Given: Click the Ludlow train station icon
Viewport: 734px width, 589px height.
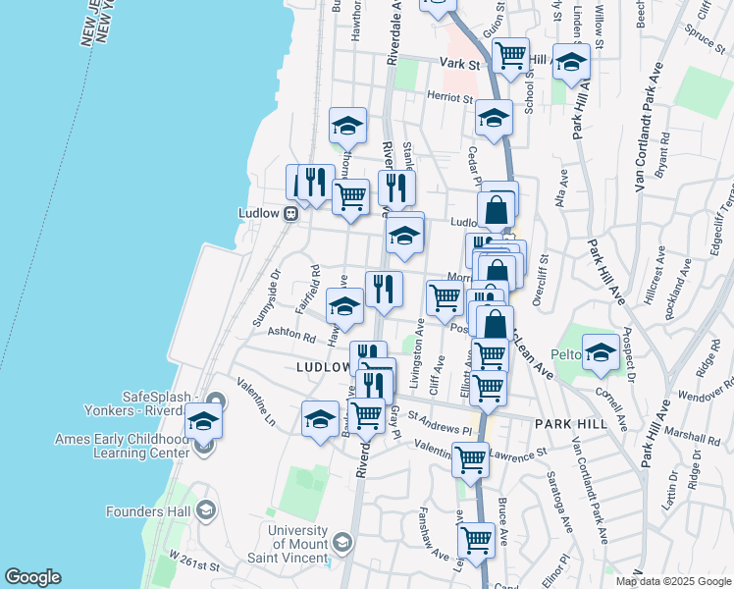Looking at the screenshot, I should coord(291,214).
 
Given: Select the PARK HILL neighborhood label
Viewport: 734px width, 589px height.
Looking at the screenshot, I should coord(571,422).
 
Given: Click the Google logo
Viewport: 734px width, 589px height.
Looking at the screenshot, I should coord(32,577).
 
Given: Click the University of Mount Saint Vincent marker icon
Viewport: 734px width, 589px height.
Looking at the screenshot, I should coord(342,541).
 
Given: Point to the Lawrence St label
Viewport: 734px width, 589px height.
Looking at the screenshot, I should coord(518,454).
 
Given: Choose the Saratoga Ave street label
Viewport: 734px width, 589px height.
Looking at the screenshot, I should coord(564,504).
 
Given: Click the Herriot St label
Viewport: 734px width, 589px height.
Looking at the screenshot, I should coord(449,97).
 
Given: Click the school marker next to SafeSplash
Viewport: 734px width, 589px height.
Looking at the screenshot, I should coord(203,421).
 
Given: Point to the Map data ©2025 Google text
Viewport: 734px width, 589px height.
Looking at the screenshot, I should coord(672,581).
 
